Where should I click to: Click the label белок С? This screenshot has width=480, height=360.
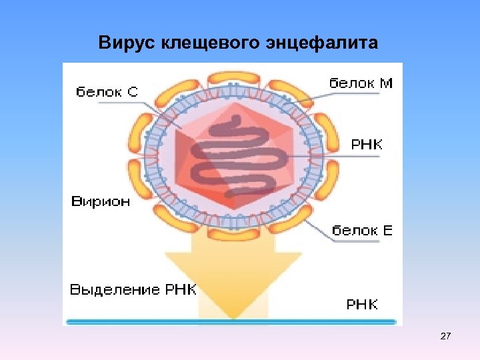pyautogui.click(x=107, y=91)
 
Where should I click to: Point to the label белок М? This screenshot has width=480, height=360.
pyautogui.click(x=361, y=83)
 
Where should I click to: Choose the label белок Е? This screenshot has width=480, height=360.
pyautogui.click(x=363, y=231)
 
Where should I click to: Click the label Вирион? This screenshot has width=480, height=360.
pyautogui.click(x=101, y=202)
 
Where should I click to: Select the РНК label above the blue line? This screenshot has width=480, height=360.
pyautogui.click(x=362, y=305)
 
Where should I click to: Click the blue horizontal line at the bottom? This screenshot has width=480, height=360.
pyautogui.click(x=233, y=322)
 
